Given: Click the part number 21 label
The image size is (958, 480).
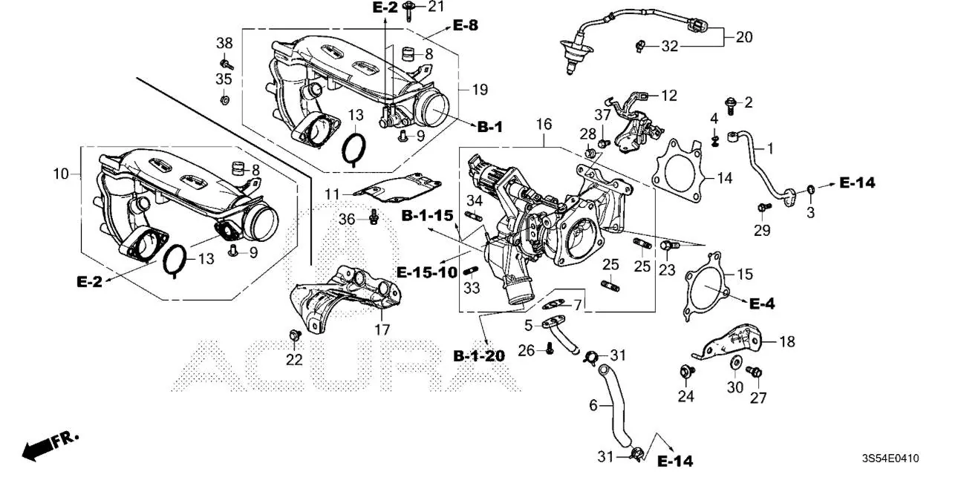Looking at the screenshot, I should click(x=436, y=7).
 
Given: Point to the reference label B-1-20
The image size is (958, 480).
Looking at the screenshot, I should click(x=479, y=356).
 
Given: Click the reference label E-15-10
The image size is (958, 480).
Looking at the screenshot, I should click(x=427, y=272).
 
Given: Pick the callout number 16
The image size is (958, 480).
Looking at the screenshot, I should click(x=544, y=124).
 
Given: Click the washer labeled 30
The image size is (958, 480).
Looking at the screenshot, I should click(x=734, y=364).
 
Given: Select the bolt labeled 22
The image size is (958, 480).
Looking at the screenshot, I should click(x=293, y=336).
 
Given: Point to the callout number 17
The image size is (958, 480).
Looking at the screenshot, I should click(x=382, y=330).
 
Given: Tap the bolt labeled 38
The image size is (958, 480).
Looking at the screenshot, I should click(x=224, y=63).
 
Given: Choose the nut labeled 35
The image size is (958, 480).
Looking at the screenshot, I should click(x=224, y=98).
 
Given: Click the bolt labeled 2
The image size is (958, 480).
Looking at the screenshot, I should click(x=729, y=105).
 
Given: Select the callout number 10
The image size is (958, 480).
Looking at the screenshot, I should click(x=61, y=174).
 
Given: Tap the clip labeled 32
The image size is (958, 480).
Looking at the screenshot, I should click(x=639, y=47).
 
